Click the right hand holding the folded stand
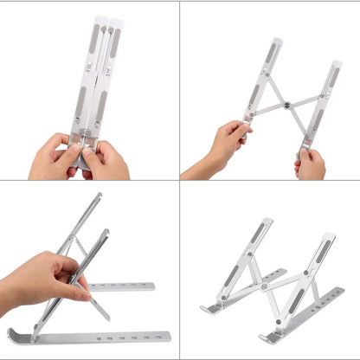click(107, 159)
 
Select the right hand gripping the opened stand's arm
click(310, 162)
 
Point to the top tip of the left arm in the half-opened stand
click(276, 42)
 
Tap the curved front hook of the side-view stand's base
click(13, 335)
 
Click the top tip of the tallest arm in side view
click(99, 196)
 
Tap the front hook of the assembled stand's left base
click(206, 309)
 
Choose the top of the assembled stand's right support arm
click(330, 236)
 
